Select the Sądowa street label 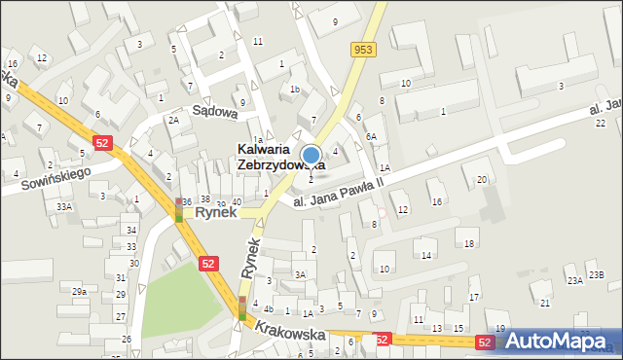coord(215,112)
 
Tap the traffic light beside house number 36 coord(179,210)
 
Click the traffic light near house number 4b coord(242,307)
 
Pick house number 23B coord(596,275)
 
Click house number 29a coord(79,291)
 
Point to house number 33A coord(64,206)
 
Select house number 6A coord(371,137)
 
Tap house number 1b coord(294,90)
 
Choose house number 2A coord(173,120)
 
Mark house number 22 coord(601,123)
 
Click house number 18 coord(469,243)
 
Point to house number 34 coord(130,231)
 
